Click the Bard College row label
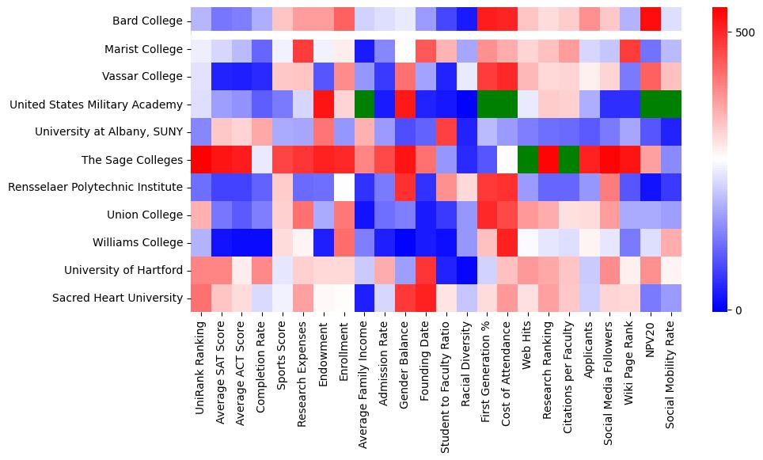click(147, 21)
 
